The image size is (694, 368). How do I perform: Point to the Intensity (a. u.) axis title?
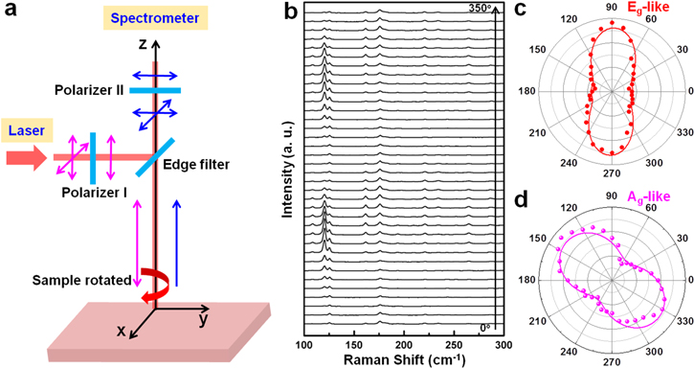[x=285, y=176]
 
